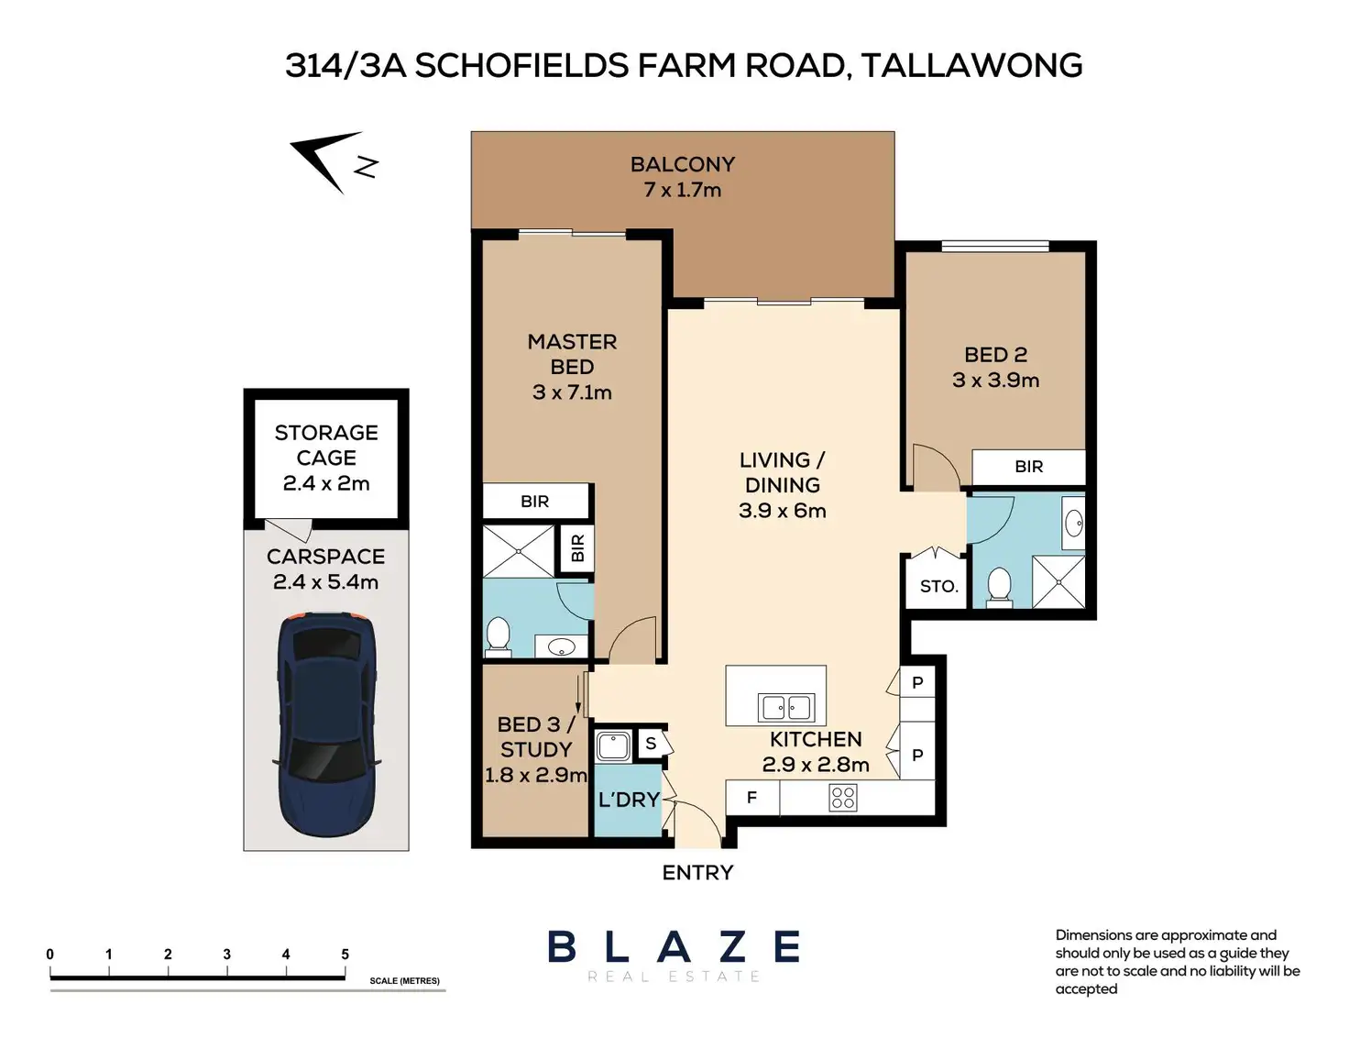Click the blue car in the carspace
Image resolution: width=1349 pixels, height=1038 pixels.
click(x=326, y=724)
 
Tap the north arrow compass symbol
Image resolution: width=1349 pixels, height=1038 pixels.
click(x=334, y=162)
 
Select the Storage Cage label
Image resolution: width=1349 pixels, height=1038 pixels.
click(x=326, y=445)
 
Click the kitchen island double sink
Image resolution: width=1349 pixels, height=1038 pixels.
click(x=786, y=708)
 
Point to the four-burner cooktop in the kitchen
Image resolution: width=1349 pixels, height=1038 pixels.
click(x=842, y=799)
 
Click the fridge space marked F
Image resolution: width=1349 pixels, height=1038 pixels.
click(x=751, y=798)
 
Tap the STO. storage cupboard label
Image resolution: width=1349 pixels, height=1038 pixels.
click(x=938, y=587)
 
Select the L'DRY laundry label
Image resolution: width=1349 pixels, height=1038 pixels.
click(x=629, y=800)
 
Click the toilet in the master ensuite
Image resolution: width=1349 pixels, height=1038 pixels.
click(x=498, y=636)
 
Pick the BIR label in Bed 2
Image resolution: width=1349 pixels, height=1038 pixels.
click(x=1028, y=467)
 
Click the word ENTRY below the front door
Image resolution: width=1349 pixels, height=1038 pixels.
click(x=697, y=873)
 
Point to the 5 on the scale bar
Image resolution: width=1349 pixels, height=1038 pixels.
click(x=345, y=955)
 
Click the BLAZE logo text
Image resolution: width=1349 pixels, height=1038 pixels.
click(x=674, y=946)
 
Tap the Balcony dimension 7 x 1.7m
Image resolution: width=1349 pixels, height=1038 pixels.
click(x=682, y=190)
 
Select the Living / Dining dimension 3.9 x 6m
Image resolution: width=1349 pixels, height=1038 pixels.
click(x=783, y=511)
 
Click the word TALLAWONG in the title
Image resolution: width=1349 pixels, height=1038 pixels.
click(x=972, y=65)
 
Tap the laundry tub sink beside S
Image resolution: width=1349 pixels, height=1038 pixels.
click(x=613, y=745)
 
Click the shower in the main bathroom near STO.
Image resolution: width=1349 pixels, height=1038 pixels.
click(x=1058, y=582)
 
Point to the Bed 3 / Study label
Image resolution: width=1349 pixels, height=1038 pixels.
click(x=536, y=736)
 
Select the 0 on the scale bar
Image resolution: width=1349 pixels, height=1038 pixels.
click(x=49, y=955)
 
